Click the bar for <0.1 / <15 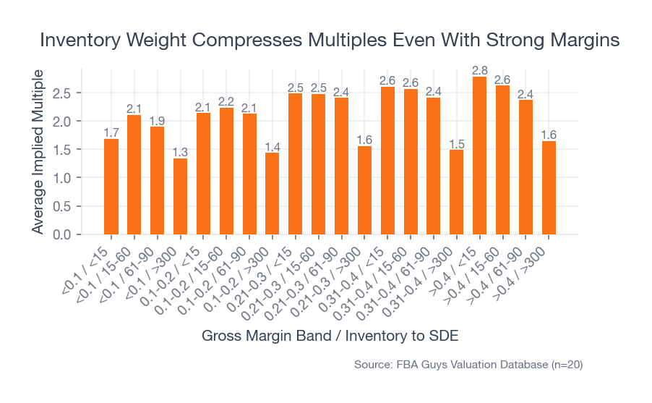point(111,187)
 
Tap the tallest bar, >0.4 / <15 point(480,156)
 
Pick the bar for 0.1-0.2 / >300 point(273,194)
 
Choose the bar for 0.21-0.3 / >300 point(364,190)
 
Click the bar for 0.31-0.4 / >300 point(457,192)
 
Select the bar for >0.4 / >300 point(549,188)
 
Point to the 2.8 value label point(480,70)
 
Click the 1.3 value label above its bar point(180,152)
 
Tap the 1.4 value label point(273,147)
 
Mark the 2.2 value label point(226,101)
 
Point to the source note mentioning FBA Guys point(468,365)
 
